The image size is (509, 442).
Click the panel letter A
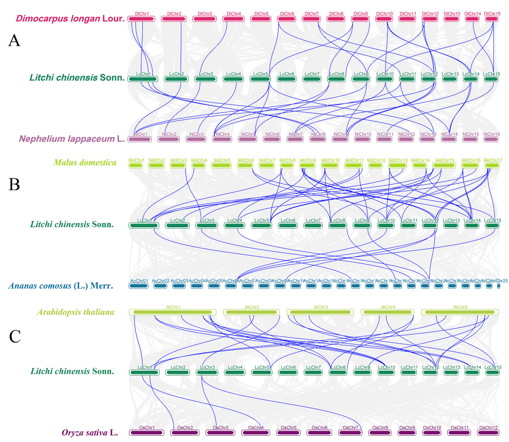tap(14, 40)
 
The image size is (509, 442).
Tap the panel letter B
tap(14, 184)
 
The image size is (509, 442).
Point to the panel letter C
tap(15, 336)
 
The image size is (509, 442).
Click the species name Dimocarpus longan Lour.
tap(70, 18)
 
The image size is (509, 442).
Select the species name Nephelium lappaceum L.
tap(72, 139)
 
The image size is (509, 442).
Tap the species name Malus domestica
tap(85, 162)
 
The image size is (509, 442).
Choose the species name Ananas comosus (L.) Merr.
tap(61, 286)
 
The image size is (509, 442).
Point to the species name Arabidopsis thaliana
tap(76, 312)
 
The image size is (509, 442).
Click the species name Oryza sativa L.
tap(90, 433)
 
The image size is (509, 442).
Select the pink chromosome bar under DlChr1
tap(141, 19)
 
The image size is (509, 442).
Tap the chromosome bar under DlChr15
tap(492, 19)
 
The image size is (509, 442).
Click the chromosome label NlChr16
tap(491, 134)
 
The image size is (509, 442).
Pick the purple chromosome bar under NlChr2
tap(168, 139)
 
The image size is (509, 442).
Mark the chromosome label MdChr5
tap(222, 160)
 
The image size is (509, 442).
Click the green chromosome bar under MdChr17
tap(492, 166)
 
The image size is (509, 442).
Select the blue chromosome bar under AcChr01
tap(139, 286)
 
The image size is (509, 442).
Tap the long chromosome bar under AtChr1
tap(172, 312)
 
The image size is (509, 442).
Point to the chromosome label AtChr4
tap(388, 307)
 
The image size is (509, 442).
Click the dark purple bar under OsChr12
tap(488, 433)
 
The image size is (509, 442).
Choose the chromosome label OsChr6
tap(319, 427)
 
